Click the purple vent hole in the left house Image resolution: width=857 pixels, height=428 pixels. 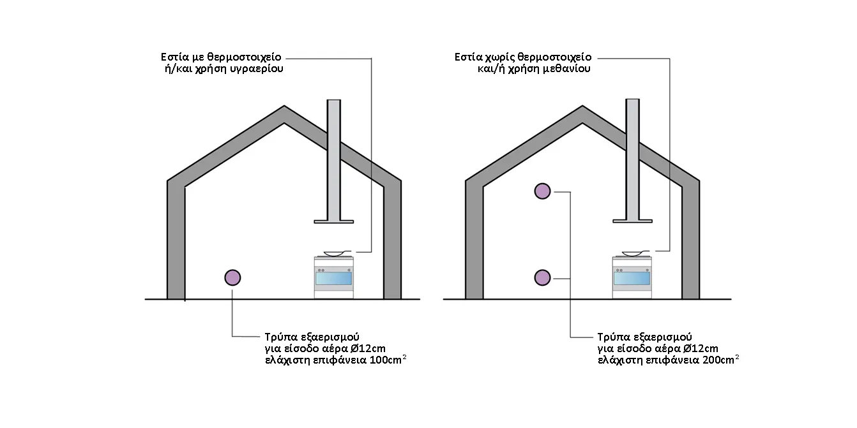coord(232,277)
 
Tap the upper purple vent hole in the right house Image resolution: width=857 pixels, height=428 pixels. coord(542,191)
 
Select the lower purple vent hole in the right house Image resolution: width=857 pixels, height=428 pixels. coord(542,277)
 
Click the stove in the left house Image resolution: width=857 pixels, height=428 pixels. coord(333,277)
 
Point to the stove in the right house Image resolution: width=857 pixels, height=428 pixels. coord(632,277)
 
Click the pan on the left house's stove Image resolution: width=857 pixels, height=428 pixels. coord(337,253)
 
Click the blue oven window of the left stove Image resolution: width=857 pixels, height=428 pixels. coord(333,279)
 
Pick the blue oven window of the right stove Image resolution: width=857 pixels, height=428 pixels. coord(632,279)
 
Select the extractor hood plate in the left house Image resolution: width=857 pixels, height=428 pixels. coord(333,221)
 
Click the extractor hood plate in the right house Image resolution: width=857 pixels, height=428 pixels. coord(632,221)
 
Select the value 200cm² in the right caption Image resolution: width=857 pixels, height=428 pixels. coord(720,360)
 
